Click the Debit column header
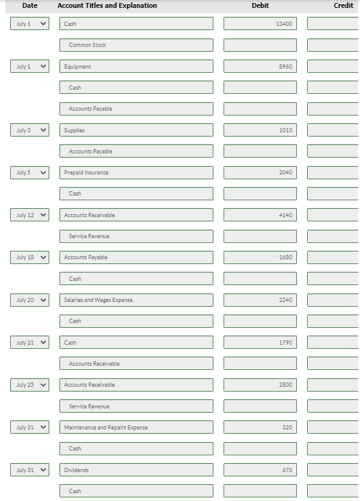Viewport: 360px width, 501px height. click(x=260, y=5)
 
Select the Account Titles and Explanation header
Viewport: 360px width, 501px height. click(x=107, y=5)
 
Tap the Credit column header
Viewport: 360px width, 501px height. click(x=343, y=5)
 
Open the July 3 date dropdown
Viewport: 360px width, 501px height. click(x=29, y=130)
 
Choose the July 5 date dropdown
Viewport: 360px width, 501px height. click(x=29, y=173)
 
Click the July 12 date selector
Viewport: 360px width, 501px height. click(x=29, y=215)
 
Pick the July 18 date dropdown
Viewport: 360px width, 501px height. click(x=29, y=257)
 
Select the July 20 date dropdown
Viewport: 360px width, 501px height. click(x=29, y=300)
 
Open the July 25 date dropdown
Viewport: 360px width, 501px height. click(x=29, y=385)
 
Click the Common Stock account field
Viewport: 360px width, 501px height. click(x=136, y=45)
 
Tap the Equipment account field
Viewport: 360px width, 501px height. click(x=136, y=66)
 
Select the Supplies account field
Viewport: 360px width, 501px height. click(x=136, y=130)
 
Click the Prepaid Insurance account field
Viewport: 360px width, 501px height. click(x=136, y=173)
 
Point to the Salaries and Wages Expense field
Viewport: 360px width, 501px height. click(x=136, y=300)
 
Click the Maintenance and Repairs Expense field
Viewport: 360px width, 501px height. click(x=136, y=427)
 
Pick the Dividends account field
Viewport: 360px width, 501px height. click(x=136, y=470)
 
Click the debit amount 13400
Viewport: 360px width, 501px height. click(x=260, y=23)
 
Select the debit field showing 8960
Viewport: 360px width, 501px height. click(x=260, y=66)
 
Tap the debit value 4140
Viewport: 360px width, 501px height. click(x=260, y=215)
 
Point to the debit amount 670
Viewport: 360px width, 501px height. click(x=260, y=470)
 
